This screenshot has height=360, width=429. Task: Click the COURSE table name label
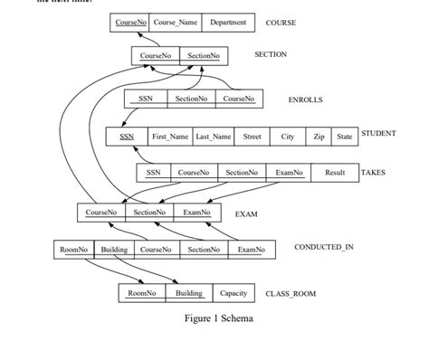coord(281,22)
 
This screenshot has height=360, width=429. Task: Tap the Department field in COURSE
coord(227,22)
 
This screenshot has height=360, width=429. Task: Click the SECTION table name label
coord(271,55)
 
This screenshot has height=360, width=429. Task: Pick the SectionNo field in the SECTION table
coord(204,56)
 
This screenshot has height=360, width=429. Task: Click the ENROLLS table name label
coord(305,99)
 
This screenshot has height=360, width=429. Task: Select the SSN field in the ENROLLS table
coord(145,98)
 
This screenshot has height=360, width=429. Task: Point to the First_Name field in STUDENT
coord(170,137)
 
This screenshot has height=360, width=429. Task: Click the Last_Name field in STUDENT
coord(214,137)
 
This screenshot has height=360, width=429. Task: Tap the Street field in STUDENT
coord(252,137)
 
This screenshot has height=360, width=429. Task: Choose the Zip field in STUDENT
coord(319,137)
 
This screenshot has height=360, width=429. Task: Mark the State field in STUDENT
coord(344,137)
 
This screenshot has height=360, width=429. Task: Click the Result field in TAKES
coord(335,172)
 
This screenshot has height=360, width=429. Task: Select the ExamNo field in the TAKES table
coord(289,172)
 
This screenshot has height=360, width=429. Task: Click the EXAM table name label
coord(246,214)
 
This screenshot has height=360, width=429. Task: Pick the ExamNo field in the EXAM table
coord(196,213)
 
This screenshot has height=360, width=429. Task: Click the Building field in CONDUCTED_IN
coord(114,249)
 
